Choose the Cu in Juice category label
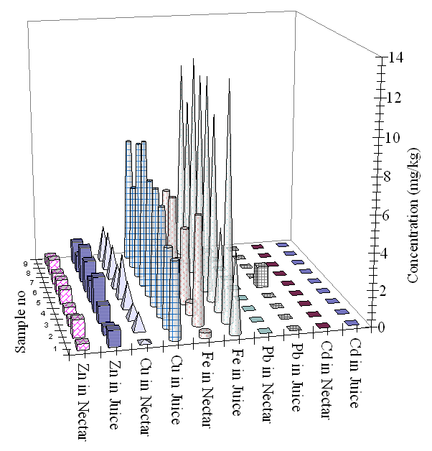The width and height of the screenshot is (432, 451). pyautogui.click(x=175, y=388)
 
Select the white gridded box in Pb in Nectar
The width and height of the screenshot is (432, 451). pyautogui.click(x=261, y=274)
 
